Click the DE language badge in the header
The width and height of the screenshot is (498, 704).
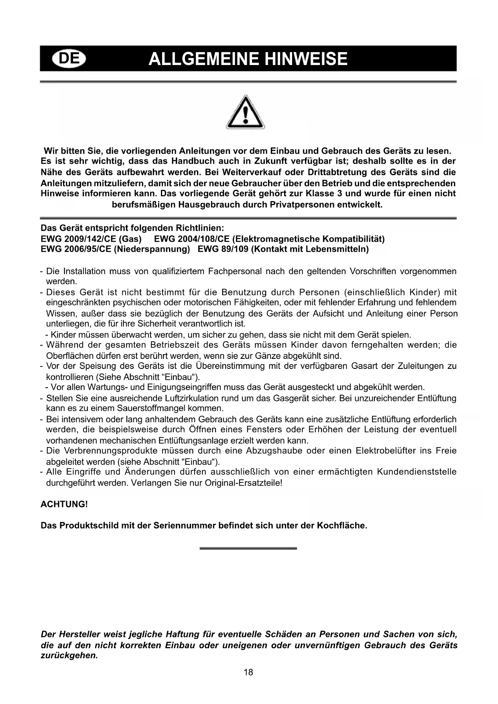69,59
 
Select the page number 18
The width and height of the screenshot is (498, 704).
248,672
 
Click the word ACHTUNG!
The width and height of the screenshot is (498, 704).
64,504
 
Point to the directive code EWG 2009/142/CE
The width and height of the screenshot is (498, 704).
78,239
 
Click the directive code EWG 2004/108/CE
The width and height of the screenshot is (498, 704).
191,239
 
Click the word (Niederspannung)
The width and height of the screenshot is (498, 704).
152,249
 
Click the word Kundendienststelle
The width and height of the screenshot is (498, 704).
417,472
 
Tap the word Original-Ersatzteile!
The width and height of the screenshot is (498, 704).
243,482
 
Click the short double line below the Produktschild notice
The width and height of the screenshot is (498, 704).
248,548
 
